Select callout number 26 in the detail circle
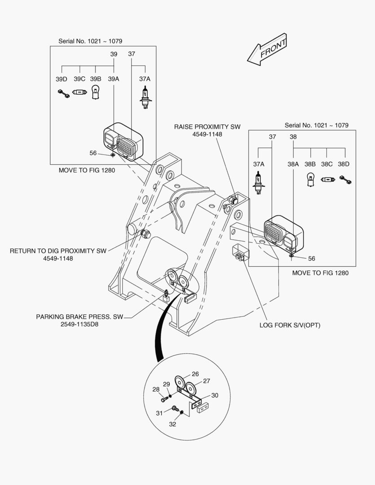coord(195,374)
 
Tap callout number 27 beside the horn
coord(207,381)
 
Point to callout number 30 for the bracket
coord(215,395)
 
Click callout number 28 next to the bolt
coord(155,389)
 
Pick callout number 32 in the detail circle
coord(173,423)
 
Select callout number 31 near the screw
coord(159,413)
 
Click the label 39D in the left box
coord(62,79)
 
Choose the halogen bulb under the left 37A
coord(144,98)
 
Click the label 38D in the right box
coord(344,164)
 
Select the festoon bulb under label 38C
coord(327,180)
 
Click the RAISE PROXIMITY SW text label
coord(204,127)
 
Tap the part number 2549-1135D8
coord(79,324)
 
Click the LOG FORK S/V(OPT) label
coord(290,325)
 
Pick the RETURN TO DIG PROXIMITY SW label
coord(58,251)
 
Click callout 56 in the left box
coord(93,153)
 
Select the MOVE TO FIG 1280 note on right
coord(320,273)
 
